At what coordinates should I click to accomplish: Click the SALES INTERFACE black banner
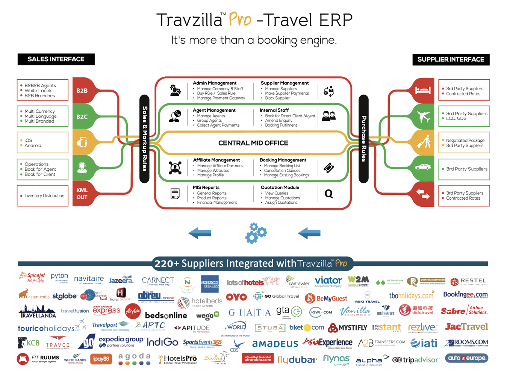coord(56,59)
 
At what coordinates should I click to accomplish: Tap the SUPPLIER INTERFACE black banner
coord(451,60)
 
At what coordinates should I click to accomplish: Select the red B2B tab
coord(82,91)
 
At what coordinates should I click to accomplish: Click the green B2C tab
coord(82,117)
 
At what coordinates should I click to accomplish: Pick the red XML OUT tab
coord(82,194)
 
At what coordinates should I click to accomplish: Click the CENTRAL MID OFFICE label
coord(253,143)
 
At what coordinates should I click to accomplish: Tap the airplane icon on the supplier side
coord(424,117)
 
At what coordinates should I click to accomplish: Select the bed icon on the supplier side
coord(423,91)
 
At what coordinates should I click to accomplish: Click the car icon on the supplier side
coord(423,167)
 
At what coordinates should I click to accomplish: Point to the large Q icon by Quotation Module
coord(328,194)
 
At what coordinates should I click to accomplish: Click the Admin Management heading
coord(214,83)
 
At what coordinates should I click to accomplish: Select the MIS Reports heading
coord(206,187)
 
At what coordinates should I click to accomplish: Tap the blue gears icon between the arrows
coord(256,233)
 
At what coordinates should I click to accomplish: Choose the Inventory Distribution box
coord(42,196)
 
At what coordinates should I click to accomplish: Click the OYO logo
coord(236,297)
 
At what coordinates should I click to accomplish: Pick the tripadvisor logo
coord(415,360)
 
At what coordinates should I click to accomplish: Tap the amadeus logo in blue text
coord(275,343)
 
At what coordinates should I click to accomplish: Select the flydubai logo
coord(297,360)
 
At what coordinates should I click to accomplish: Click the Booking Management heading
coord(283,160)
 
